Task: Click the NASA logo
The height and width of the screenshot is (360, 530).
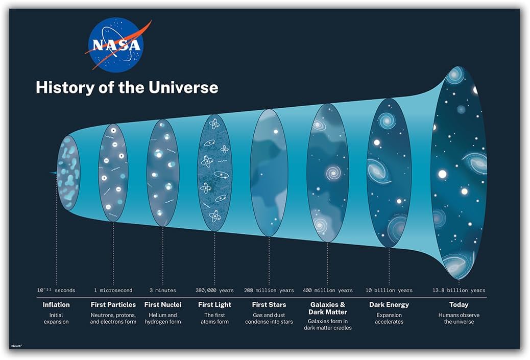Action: [116, 45]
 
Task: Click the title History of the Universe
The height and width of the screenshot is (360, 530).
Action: [127, 87]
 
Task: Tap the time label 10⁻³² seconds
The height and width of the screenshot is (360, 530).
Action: [56, 291]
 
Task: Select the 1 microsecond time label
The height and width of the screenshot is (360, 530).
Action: [113, 291]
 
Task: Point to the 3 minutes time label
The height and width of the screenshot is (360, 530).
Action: [162, 291]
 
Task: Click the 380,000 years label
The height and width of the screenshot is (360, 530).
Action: [214, 291]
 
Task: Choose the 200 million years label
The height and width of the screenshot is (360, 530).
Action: [269, 291]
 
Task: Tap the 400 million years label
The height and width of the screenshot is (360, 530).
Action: [328, 291]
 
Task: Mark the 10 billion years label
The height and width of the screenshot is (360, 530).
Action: [389, 291]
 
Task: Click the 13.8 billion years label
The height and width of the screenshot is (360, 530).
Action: [459, 291]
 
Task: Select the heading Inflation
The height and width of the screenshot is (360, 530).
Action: [56, 305]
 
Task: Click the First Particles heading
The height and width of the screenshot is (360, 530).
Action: [113, 305]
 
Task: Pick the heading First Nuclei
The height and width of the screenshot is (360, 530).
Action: [162, 305]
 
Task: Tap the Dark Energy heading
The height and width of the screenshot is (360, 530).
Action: [389, 305]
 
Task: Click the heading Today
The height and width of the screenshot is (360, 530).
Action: [459, 305]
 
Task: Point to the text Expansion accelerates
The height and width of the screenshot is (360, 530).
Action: [389, 319]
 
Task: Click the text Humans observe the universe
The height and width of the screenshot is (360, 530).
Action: [459, 319]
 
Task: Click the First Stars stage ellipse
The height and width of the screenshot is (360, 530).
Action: [269, 173]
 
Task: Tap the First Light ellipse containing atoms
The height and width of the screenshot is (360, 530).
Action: [214, 173]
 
